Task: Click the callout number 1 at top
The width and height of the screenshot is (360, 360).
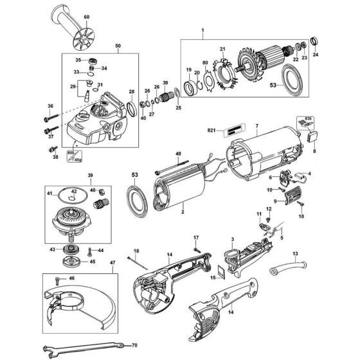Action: coord(202,30)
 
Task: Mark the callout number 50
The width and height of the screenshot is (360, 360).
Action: coord(117,47)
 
